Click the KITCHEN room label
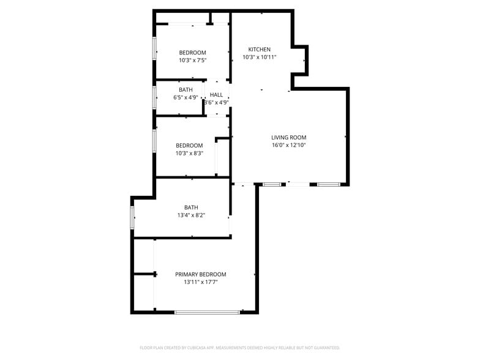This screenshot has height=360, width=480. [x=259, y=49]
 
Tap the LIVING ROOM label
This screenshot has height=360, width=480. [x=288, y=138]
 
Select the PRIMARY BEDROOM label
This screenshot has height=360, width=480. [x=201, y=274]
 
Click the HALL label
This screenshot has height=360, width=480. [x=216, y=95]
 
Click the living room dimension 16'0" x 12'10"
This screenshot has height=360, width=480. [x=288, y=146]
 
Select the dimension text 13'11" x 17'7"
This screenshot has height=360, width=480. [x=201, y=282]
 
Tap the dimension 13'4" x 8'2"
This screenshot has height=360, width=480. [x=191, y=215]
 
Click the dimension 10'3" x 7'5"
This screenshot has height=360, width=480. [x=192, y=61]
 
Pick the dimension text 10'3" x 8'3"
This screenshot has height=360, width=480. [x=189, y=153]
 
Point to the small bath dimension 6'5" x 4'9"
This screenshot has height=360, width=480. [x=186, y=97]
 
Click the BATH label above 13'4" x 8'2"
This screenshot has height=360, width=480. [x=191, y=207]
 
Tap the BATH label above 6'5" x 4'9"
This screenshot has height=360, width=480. [x=186, y=90]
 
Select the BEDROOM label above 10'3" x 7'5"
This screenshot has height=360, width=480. [x=192, y=53]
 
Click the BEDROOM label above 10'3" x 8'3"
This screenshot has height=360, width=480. [x=189, y=145]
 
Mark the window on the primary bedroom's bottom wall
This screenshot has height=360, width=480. [x=207, y=312]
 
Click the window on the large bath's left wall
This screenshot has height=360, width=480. [x=132, y=218]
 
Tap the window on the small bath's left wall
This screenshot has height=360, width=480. [x=154, y=97]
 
